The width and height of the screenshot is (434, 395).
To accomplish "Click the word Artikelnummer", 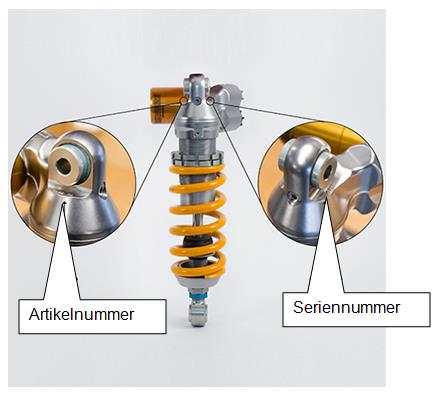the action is click(x=81, y=314).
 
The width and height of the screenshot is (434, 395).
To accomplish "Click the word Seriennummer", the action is click(x=346, y=307).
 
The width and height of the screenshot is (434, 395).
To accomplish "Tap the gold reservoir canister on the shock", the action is click(x=164, y=105).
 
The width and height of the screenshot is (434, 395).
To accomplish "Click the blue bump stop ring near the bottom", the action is click(x=199, y=296).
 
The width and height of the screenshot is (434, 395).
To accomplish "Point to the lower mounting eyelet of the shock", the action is click(x=198, y=314).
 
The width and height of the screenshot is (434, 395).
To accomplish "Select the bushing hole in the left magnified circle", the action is click(x=64, y=165).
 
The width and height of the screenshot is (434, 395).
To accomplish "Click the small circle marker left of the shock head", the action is click(x=183, y=100).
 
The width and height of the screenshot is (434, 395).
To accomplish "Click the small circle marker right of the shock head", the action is click(x=210, y=100).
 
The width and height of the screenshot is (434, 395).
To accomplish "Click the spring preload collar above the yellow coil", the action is click(x=197, y=158).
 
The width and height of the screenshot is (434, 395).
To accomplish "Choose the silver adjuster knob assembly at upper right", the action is click(x=228, y=106).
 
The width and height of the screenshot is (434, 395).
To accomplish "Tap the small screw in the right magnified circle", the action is click(x=294, y=198).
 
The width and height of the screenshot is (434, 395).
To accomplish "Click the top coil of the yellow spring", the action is click(x=197, y=170).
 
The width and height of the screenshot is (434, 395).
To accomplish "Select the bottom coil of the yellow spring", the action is click(x=198, y=271).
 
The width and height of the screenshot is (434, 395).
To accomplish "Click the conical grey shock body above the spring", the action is click(x=198, y=118).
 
